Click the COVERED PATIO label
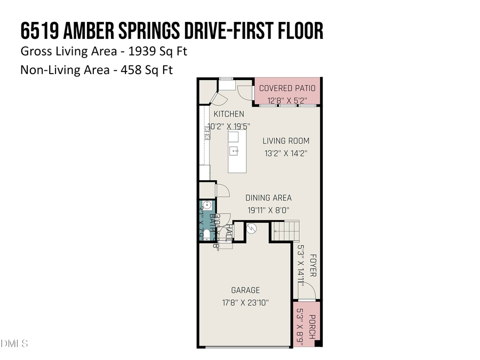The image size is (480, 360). click(287, 88)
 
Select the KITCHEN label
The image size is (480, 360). click(229, 114)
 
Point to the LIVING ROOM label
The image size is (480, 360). click(286, 141)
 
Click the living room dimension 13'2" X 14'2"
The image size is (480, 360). click(286, 153)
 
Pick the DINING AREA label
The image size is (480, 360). click(268, 198)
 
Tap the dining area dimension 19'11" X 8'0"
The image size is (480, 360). click(268, 210)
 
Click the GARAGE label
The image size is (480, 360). click(245, 290)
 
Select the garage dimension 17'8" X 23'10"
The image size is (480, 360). click(245, 302)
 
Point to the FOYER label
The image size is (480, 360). click(313, 265)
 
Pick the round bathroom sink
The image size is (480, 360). click(207, 207)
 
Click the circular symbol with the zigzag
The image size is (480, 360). click(252, 228)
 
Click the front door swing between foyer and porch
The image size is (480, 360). click(307, 291)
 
